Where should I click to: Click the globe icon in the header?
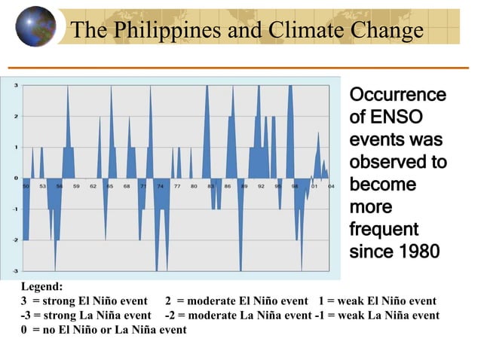coord(35,26)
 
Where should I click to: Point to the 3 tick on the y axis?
coord(17,85)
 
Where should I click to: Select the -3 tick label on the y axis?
coord(16,270)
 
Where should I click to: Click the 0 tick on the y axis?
coord(17,178)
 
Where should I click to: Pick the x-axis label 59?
coord(76,185)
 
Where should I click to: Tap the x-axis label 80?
coord(195,185)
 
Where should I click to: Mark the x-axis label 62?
coord(93,185)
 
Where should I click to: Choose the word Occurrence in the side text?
coord(397,96)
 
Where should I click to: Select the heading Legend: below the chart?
coord(42,287)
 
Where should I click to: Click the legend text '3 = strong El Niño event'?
coord(84,301)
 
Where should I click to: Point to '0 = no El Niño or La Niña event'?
coord(103,330)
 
